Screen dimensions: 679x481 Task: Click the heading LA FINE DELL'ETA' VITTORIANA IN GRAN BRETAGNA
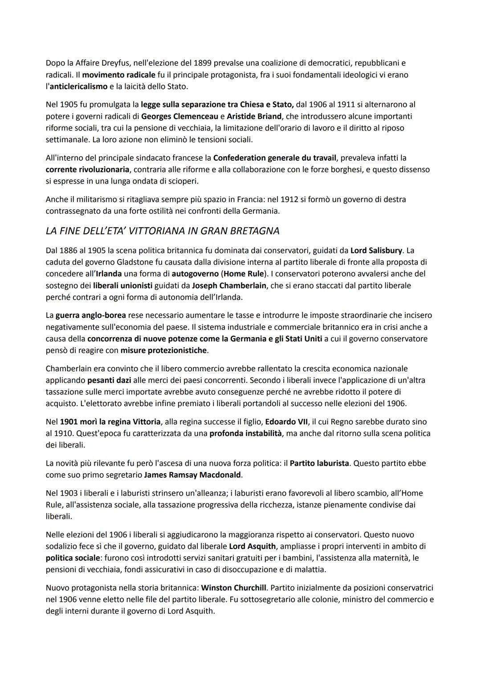(x=163, y=231)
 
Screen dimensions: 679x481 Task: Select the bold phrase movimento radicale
(x=118, y=75)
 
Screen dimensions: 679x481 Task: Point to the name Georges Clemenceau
(x=179, y=116)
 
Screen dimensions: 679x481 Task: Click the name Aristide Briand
(x=254, y=116)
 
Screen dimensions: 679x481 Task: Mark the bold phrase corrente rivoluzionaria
(x=88, y=169)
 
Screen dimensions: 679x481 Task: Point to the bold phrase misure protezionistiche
(x=163, y=350)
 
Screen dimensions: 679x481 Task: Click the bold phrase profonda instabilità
(x=245, y=433)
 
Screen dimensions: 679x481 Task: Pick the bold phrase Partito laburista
(x=319, y=463)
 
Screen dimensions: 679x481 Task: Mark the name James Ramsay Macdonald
(x=192, y=475)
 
